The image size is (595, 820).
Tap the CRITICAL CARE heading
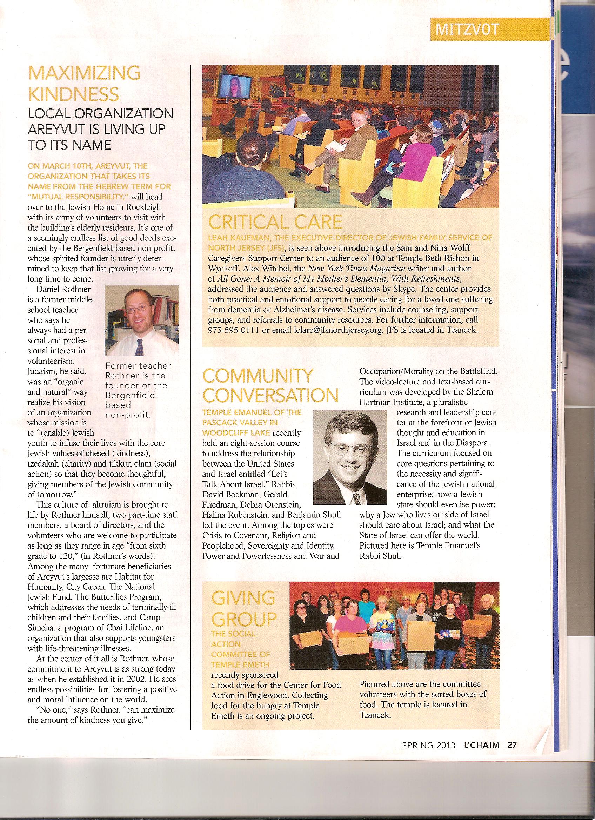[275, 222]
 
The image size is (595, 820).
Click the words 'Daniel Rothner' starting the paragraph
[63, 289]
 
